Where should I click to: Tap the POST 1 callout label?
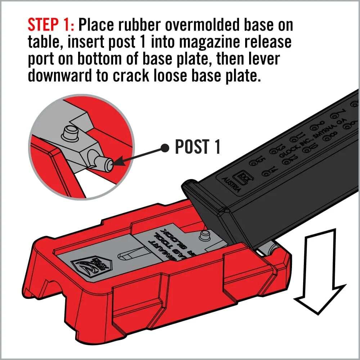point(197,147)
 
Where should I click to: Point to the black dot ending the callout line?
point(165,147)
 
